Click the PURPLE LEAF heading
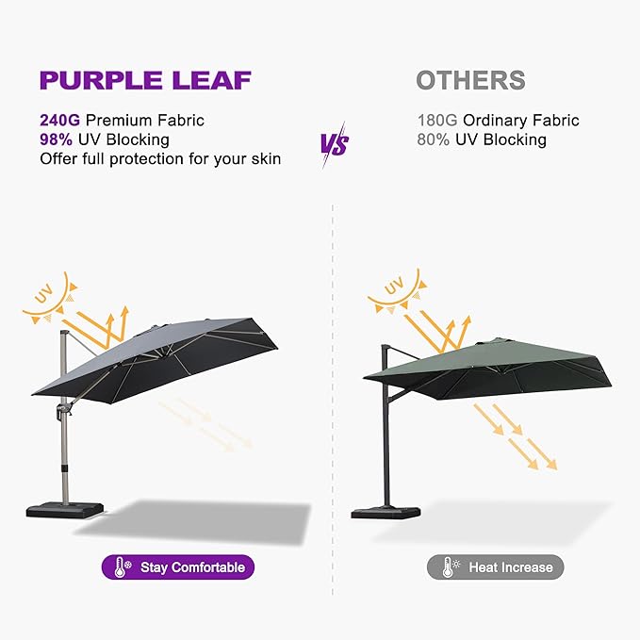(x=145, y=80)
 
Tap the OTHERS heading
(x=470, y=80)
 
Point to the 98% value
(x=57, y=139)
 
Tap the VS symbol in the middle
(x=334, y=144)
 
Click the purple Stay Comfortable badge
(x=178, y=566)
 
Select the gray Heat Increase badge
(x=496, y=566)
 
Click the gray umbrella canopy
(x=151, y=353)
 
